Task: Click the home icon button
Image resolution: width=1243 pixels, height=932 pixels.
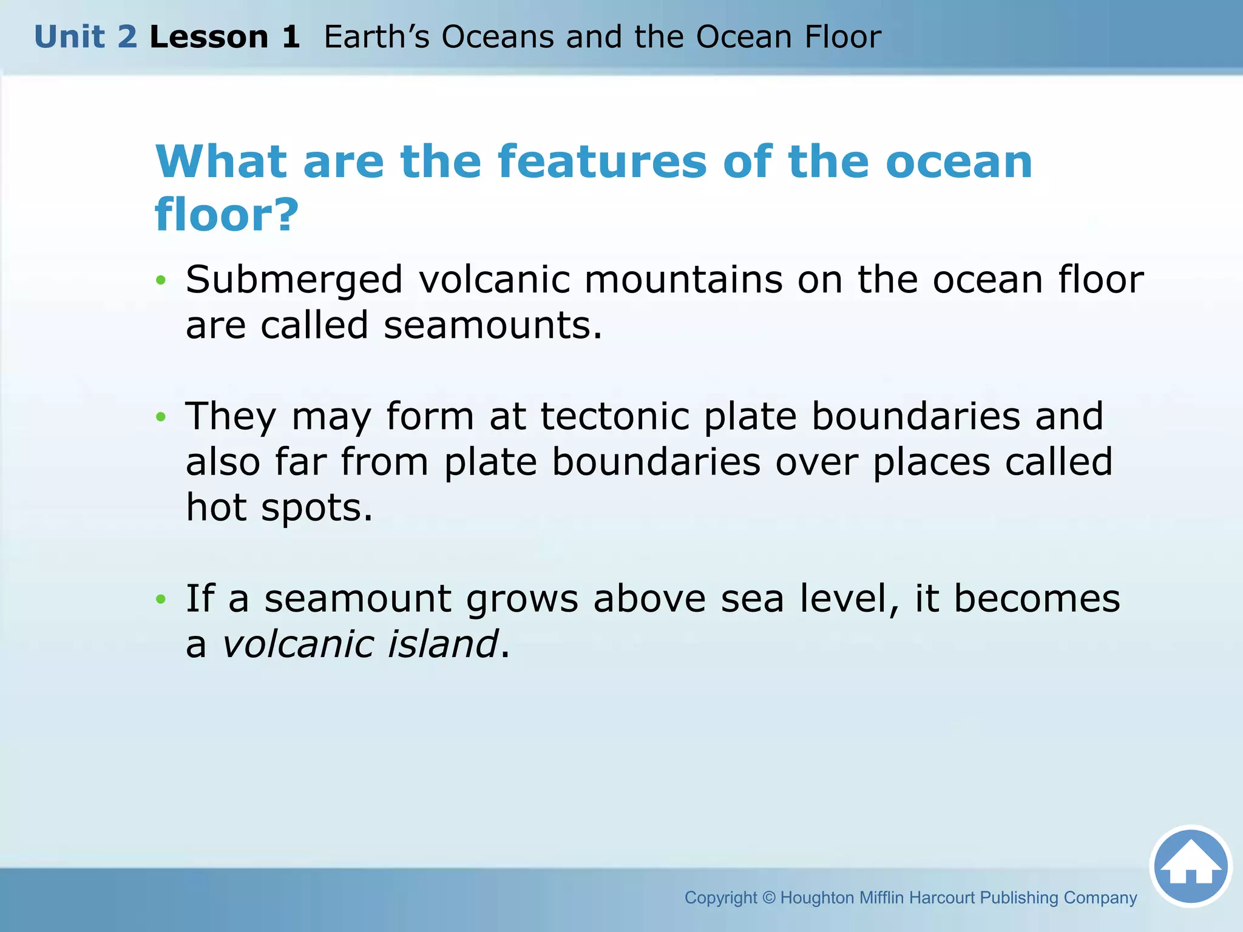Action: click(1190, 866)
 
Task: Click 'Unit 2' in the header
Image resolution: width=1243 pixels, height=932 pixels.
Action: click(86, 37)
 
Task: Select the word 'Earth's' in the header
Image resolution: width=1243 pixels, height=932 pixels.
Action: click(376, 37)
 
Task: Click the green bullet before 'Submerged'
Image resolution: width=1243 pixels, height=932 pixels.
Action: click(160, 280)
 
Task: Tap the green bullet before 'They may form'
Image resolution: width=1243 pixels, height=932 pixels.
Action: click(160, 417)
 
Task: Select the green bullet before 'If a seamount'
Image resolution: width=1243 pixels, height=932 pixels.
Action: click(160, 599)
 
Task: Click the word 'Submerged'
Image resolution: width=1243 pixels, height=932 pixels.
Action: click(294, 280)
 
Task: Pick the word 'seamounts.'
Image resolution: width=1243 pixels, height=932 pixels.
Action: click(493, 326)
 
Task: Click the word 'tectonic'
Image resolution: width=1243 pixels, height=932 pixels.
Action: click(615, 417)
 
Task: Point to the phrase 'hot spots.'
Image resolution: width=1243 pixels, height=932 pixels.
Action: click(279, 508)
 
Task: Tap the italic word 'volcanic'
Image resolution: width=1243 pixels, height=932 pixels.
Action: click(297, 644)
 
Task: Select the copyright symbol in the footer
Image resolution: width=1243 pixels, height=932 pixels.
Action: click(768, 897)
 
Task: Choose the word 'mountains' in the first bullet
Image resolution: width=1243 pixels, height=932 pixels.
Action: click(683, 280)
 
